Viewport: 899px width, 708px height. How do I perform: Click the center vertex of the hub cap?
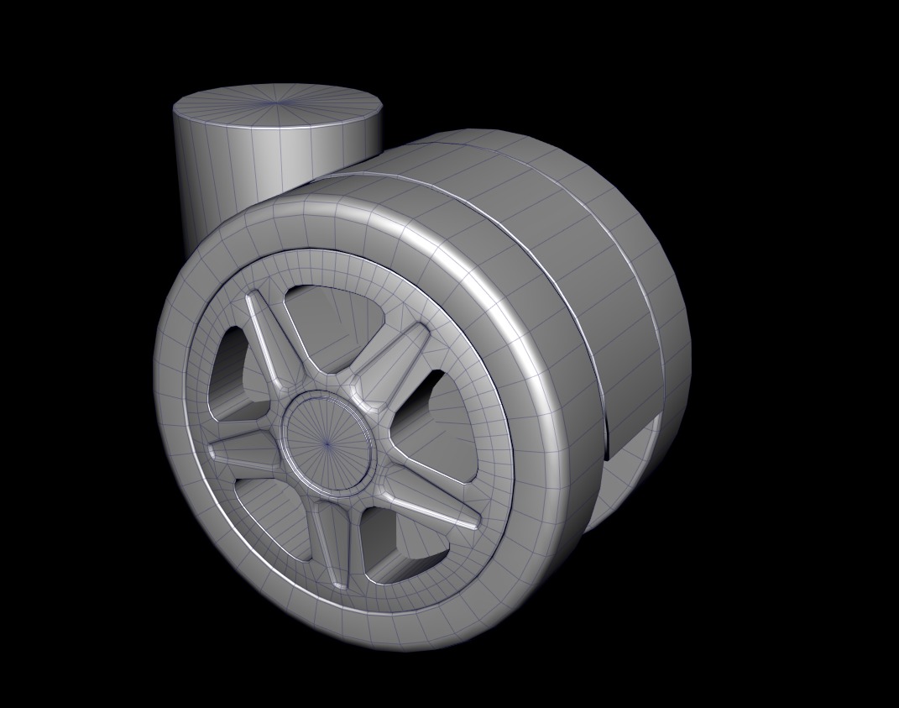pyautogui.click(x=327, y=443)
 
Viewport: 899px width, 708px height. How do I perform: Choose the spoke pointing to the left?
pyautogui.click(x=243, y=454)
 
